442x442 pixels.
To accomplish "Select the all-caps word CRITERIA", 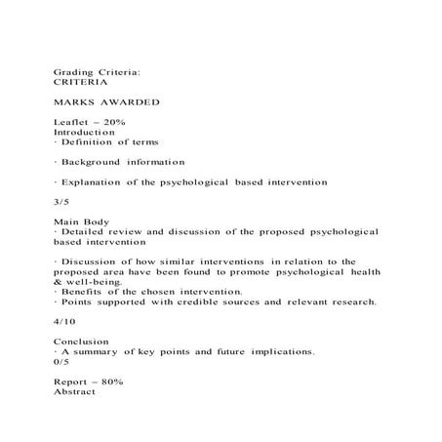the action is click(80, 84).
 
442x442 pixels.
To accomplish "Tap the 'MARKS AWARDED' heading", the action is click(100, 102).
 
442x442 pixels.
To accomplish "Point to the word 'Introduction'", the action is click(85, 131).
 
